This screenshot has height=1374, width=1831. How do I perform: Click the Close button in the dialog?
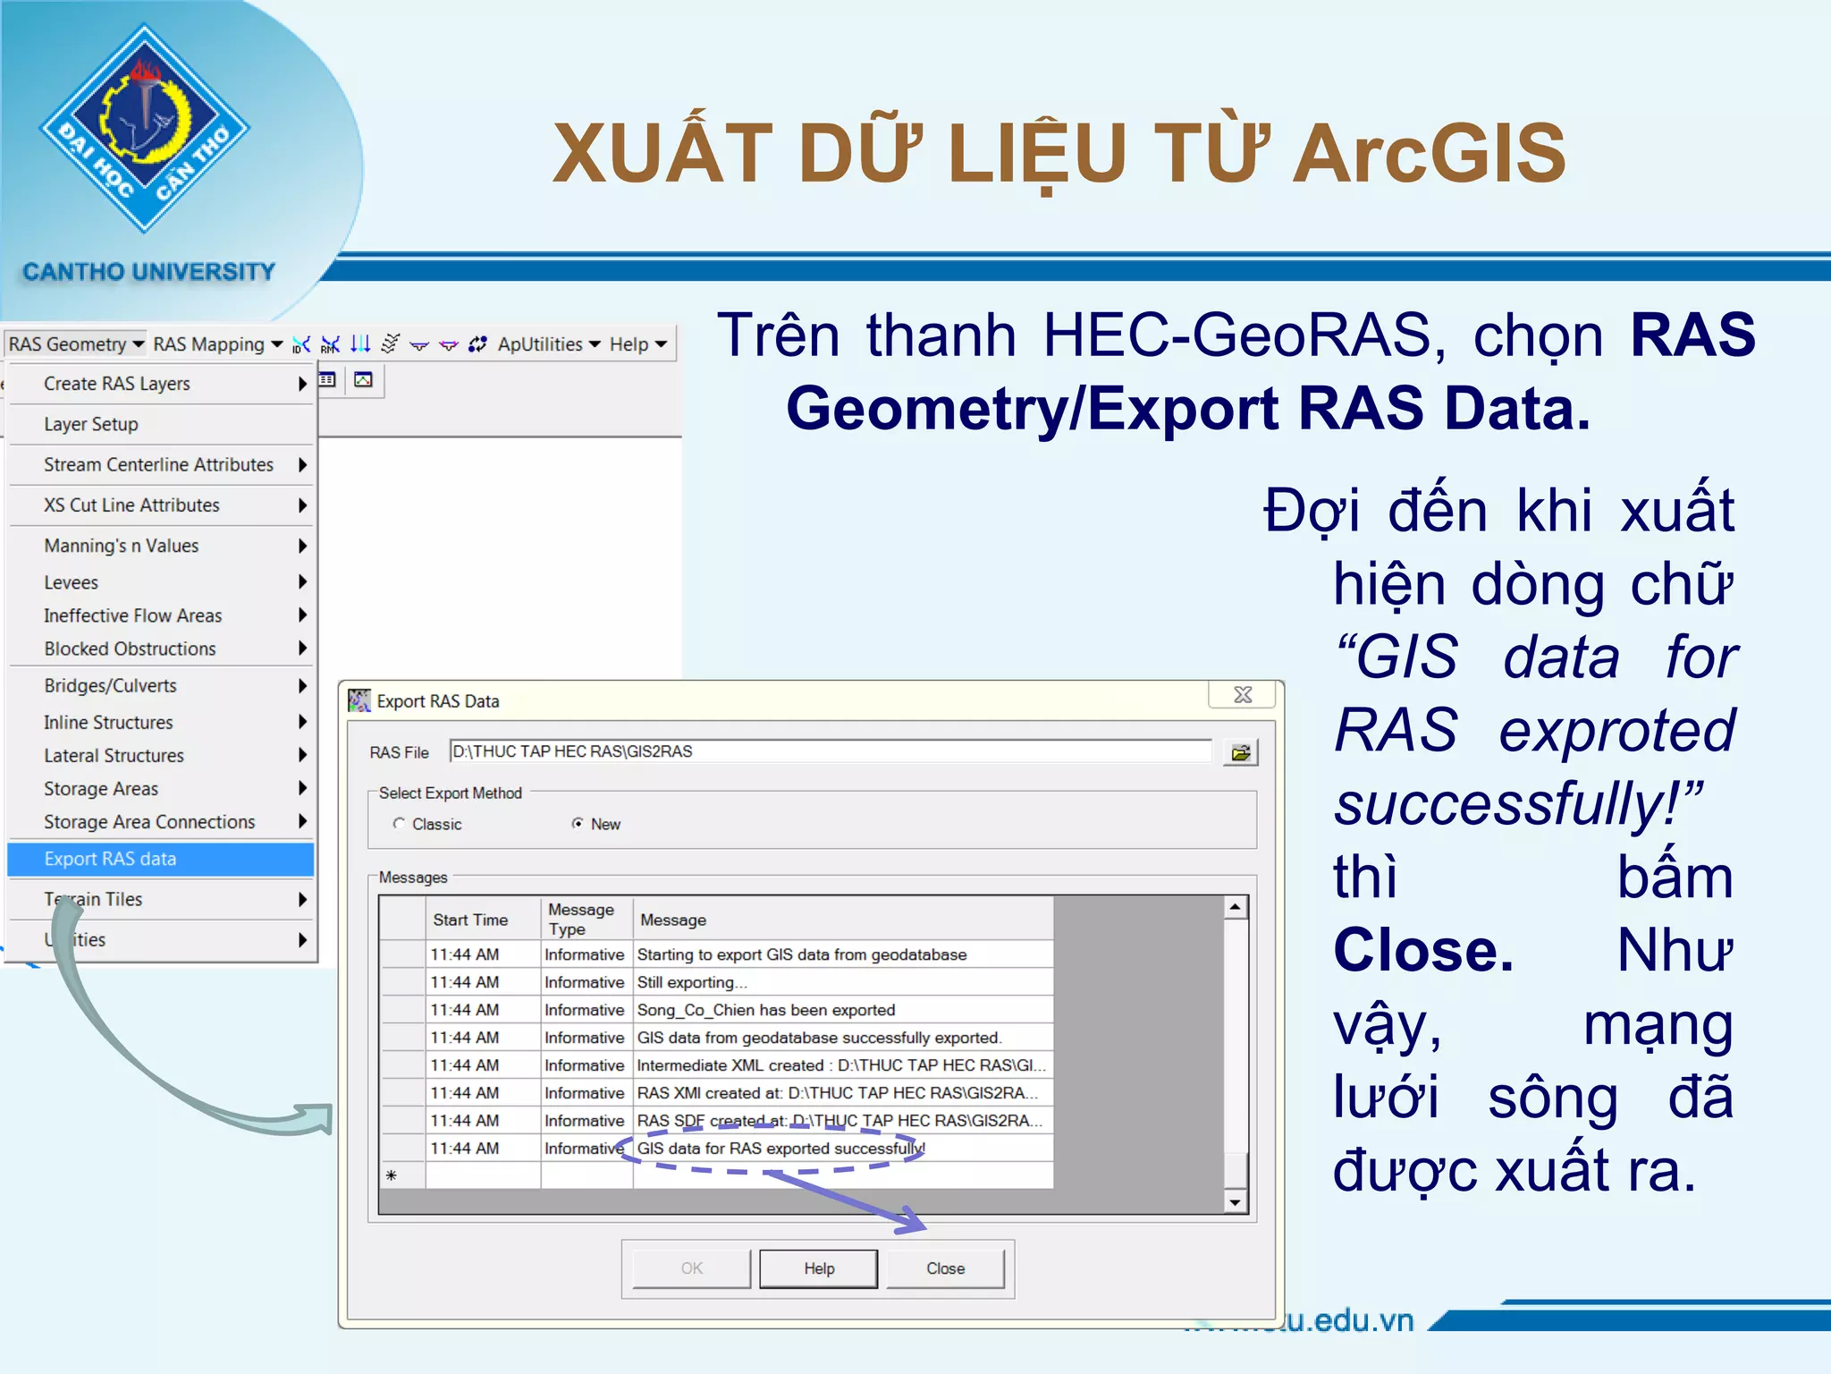(945, 1268)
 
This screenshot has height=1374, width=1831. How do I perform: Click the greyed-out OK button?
(691, 1268)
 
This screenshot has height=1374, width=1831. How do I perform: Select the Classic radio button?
(399, 824)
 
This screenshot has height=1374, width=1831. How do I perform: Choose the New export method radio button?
(578, 824)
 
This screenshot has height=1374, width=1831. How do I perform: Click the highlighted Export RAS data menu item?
(161, 859)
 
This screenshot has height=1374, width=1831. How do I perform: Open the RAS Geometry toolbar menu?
(75, 344)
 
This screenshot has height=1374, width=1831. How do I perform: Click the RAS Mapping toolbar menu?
(216, 344)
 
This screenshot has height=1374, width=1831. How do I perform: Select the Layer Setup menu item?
(91, 424)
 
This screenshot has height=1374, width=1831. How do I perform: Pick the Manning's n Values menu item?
(122, 546)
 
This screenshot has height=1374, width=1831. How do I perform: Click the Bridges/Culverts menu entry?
(111, 686)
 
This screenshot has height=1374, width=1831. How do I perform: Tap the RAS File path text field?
(830, 751)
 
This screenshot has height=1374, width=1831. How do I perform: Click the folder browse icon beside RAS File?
(1240, 752)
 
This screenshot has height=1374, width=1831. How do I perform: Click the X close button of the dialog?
(1243, 695)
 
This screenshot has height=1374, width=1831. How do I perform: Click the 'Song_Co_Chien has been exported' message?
(766, 1010)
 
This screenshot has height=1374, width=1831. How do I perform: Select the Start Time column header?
(470, 920)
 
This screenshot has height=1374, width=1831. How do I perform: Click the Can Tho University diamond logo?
(145, 128)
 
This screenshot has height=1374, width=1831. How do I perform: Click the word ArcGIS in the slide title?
(1429, 154)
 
